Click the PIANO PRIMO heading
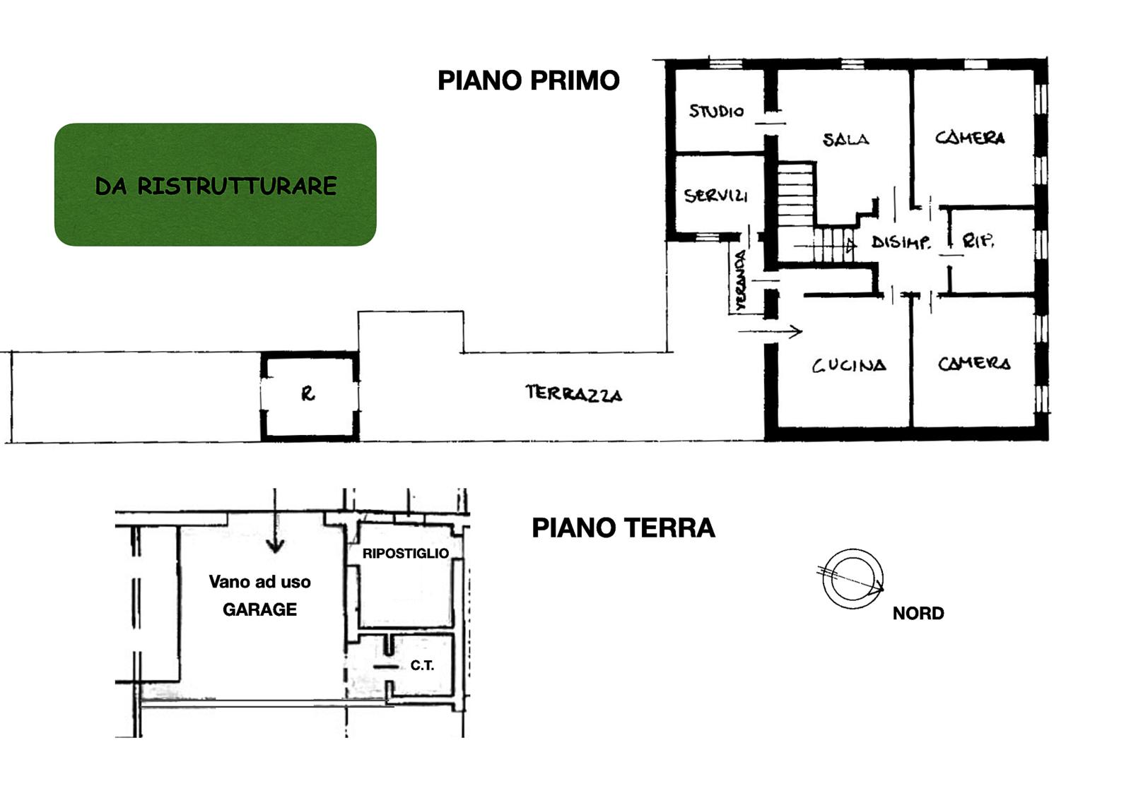[529, 81]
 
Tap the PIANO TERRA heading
[623, 528]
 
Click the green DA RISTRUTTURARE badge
[216, 184]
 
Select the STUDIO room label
[716, 110]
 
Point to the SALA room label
[845, 138]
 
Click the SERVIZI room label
[715, 195]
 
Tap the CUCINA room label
[849, 365]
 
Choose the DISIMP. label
[901, 242]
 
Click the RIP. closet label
[978, 241]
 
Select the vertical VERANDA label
[740, 280]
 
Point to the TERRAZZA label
[573, 393]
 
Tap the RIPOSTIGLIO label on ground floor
[406, 554]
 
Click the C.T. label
[422, 666]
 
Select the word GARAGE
[259, 609]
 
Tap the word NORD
[918, 614]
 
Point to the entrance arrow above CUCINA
[770, 331]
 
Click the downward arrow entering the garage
[275, 520]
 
